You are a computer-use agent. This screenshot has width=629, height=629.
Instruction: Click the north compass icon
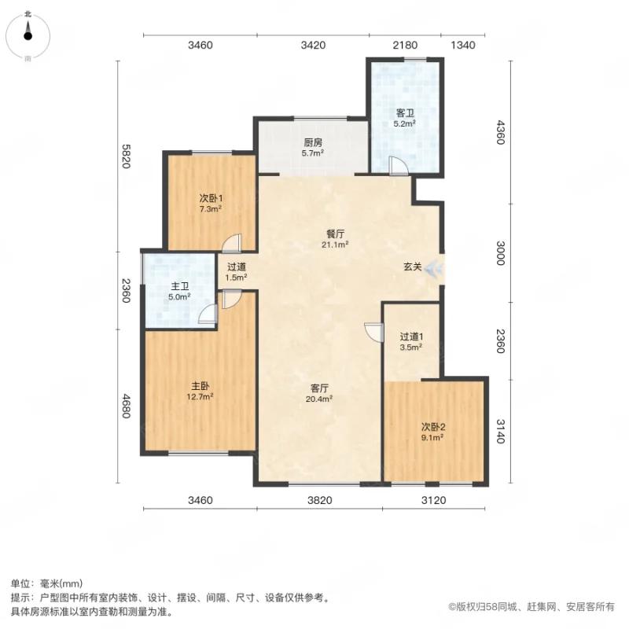(28, 33)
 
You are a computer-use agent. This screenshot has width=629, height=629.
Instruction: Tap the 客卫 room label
(405, 113)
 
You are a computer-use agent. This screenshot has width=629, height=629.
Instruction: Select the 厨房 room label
(312, 143)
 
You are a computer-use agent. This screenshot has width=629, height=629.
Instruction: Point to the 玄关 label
(413, 267)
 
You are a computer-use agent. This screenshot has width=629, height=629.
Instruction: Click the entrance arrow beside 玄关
(433, 269)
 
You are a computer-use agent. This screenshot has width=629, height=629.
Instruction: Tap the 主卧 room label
(200, 386)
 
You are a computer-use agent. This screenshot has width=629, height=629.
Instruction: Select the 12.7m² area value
(200, 397)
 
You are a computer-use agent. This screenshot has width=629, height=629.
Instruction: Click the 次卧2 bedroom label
(432, 426)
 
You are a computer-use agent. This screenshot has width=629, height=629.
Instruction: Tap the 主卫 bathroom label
(180, 286)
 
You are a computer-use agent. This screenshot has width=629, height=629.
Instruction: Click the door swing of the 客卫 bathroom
(398, 164)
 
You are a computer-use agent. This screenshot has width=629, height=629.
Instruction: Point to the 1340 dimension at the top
(463, 46)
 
